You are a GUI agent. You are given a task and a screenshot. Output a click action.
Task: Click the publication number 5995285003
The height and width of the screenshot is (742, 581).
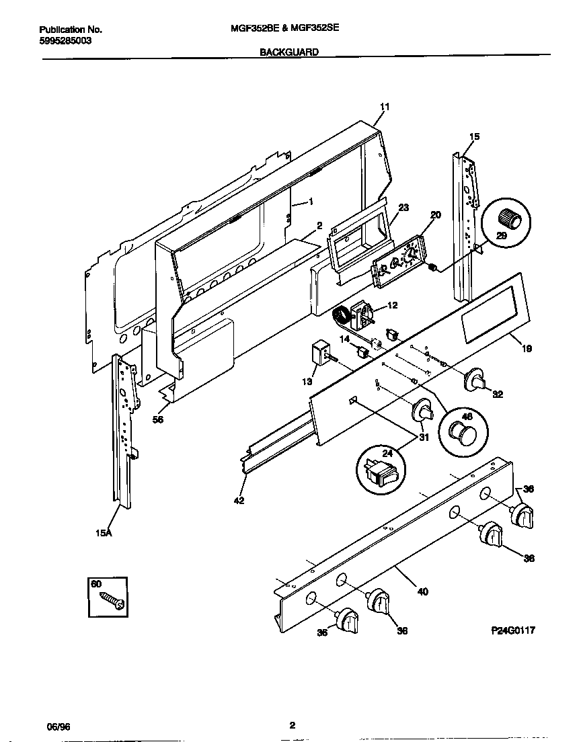(65, 40)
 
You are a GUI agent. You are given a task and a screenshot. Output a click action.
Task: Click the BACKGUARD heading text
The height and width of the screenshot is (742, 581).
(289, 51)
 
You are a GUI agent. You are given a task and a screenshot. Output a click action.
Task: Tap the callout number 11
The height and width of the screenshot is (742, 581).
(385, 107)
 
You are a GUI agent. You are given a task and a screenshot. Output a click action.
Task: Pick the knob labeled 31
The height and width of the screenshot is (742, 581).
(422, 411)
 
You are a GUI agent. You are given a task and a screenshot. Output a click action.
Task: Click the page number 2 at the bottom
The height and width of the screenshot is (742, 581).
(292, 725)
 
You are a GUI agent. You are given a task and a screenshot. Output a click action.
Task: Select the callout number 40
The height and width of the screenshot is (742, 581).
(422, 592)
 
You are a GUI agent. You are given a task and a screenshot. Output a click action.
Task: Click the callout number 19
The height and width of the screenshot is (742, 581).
(527, 349)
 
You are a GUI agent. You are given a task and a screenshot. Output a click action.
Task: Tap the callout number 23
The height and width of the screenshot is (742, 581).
(403, 208)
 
